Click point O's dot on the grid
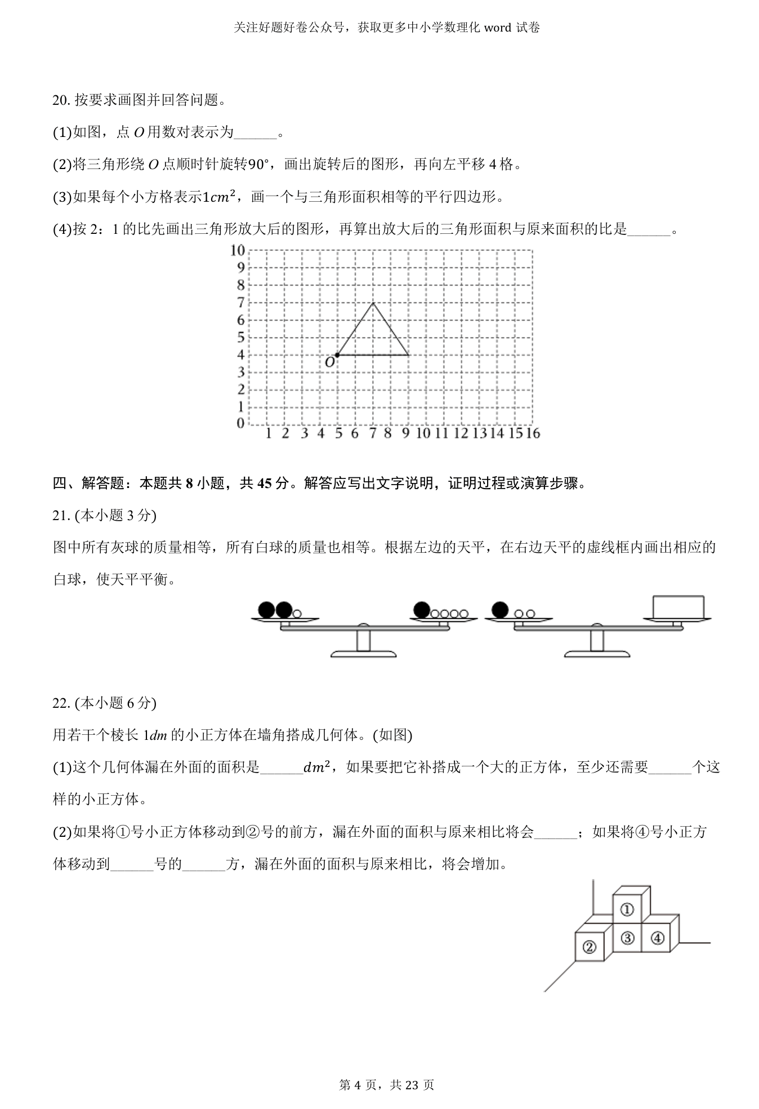337,355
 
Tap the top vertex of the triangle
373,303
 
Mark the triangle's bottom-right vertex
408,355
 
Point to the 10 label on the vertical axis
237,250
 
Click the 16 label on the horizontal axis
532,433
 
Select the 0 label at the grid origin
240,423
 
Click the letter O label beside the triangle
329,363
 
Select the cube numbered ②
589,947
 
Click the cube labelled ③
627,938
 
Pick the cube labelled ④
657,938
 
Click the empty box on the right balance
678,606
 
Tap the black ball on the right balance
500,610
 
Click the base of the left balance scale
363,654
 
